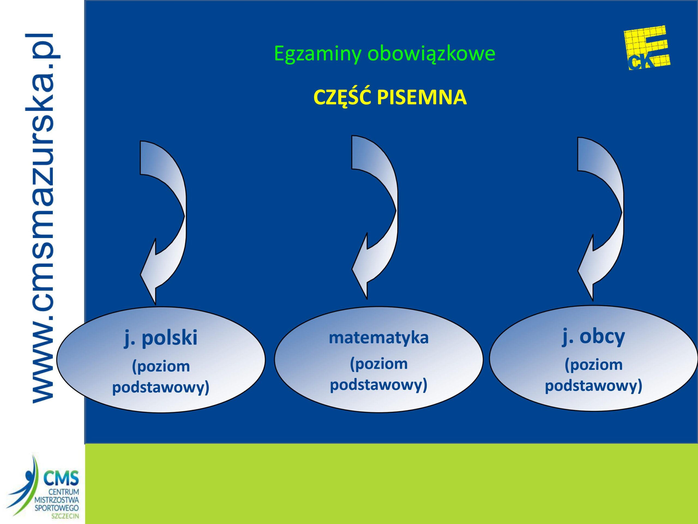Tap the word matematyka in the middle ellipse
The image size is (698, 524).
[x=379, y=338]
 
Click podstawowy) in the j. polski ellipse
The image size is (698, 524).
[x=161, y=388]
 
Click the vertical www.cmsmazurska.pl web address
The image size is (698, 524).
[x=42, y=218]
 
